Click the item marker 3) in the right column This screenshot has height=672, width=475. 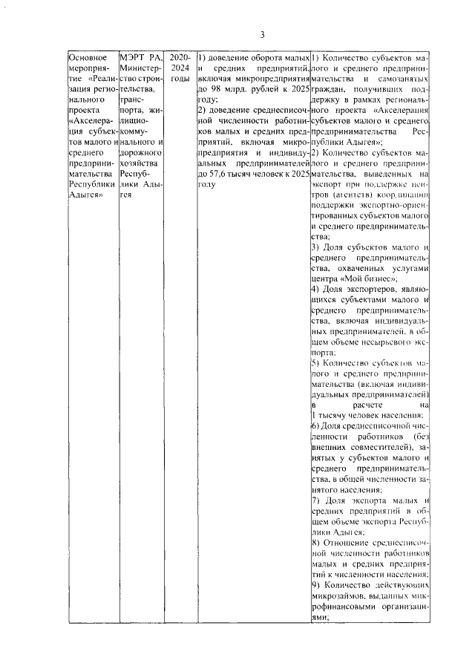point(315,247)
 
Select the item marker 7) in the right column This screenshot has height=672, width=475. point(315,500)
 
